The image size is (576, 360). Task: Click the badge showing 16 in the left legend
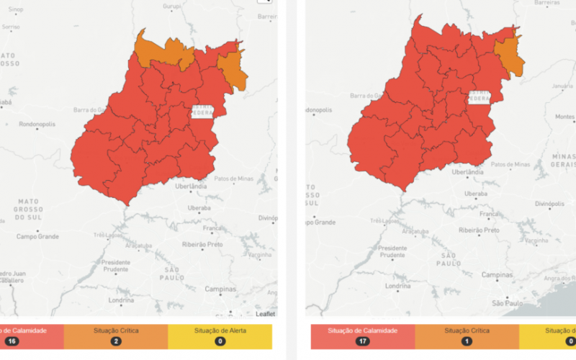click(x=12, y=341)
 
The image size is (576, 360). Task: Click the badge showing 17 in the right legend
click(x=362, y=341)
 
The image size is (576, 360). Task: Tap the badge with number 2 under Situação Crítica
click(x=116, y=341)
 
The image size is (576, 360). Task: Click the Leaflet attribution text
click(x=264, y=314)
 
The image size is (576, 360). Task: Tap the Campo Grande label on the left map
click(x=37, y=235)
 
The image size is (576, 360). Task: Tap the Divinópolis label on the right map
click(x=549, y=204)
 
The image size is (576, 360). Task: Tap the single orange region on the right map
click(x=509, y=55)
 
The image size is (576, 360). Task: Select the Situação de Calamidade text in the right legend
click(x=362, y=330)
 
